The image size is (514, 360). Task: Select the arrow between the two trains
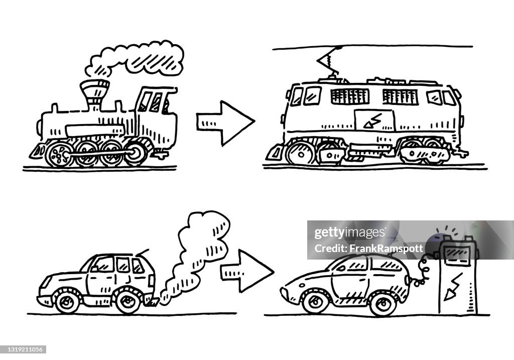(x=225, y=122)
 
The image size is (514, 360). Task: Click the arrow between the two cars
(x=246, y=271)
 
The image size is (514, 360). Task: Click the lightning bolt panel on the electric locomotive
(x=374, y=121)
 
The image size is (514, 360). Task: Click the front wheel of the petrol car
(x=67, y=301)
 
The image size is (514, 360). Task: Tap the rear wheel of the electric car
(x=383, y=303)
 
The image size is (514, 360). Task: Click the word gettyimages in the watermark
(x=350, y=233)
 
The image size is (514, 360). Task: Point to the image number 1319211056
(x=24, y=349)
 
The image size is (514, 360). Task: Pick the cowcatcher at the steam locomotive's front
(x=37, y=151)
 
